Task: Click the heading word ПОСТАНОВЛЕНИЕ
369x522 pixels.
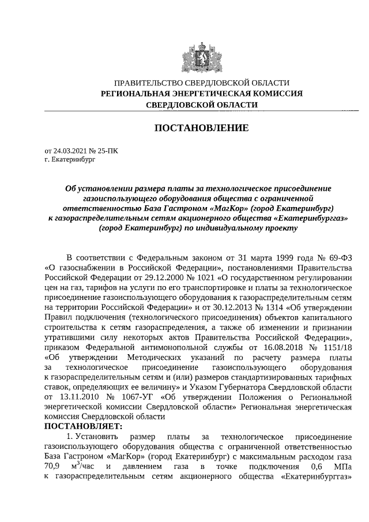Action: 201,127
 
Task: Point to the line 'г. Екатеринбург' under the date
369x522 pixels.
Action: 70,159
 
